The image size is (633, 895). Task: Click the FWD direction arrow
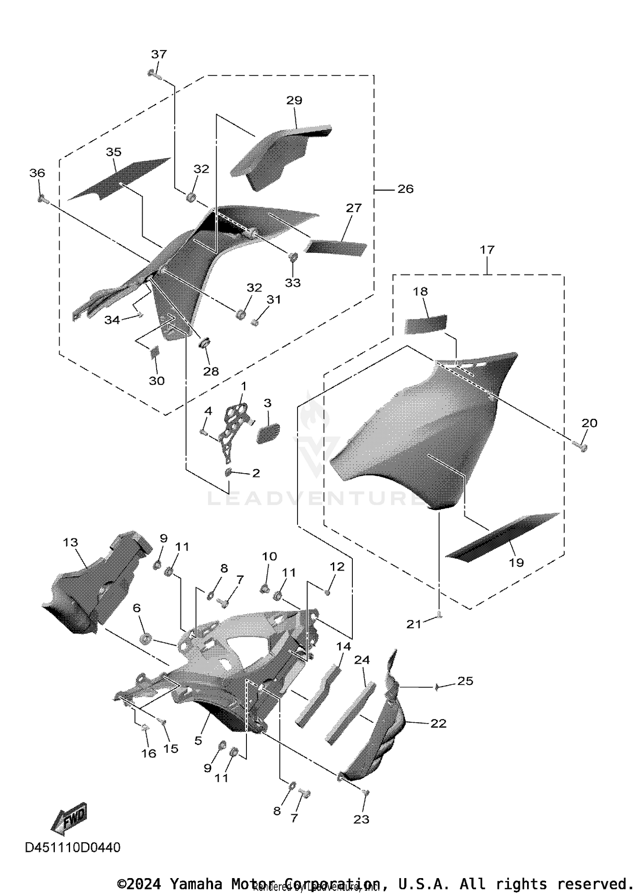coord(70,818)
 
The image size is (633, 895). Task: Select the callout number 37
coord(159,54)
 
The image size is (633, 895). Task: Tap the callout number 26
coord(405,189)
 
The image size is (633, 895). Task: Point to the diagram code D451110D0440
coord(73,847)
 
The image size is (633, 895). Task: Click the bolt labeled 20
coord(582,446)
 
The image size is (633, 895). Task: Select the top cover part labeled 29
coord(281,156)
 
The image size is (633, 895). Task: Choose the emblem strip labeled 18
coord(426,324)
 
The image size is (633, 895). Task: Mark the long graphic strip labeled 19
coord(502,536)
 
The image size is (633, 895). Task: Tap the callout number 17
coord(487,250)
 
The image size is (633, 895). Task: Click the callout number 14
coord(344,646)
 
